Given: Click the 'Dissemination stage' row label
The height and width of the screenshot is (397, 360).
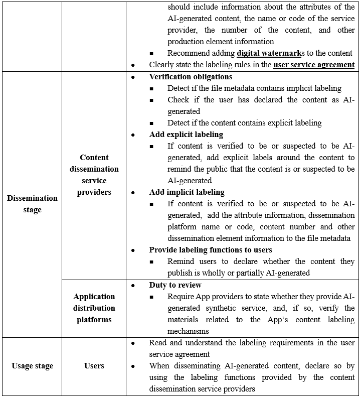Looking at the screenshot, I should [32, 204].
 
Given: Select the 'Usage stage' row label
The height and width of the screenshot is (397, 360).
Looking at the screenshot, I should [32, 366].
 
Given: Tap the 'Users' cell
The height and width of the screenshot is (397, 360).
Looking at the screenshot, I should [94, 366].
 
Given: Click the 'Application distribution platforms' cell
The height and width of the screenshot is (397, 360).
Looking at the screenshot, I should [94, 308].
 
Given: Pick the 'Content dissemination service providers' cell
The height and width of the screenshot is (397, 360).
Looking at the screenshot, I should [94, 175].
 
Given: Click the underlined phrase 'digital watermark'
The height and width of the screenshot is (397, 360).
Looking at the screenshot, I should [268, 53].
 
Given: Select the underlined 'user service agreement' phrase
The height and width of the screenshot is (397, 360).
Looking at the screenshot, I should [314, 65].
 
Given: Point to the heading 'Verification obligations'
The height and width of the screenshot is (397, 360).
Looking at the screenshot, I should [191, 77].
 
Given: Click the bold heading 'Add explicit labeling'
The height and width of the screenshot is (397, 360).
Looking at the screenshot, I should [187, 135].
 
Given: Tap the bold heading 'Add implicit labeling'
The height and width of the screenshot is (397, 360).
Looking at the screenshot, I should [187, 192].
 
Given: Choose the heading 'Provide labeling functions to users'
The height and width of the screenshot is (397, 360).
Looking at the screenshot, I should [211, 250].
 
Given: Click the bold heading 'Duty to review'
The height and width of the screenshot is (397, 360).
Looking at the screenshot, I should [175, 285].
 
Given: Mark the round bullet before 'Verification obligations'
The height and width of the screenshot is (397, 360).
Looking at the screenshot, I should [133, 77].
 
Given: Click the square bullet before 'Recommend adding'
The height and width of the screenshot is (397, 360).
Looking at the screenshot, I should [151, 54].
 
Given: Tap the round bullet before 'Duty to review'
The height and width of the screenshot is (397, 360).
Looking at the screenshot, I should [133, 285].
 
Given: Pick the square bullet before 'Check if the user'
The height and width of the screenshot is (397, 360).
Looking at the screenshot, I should [151, 100].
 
